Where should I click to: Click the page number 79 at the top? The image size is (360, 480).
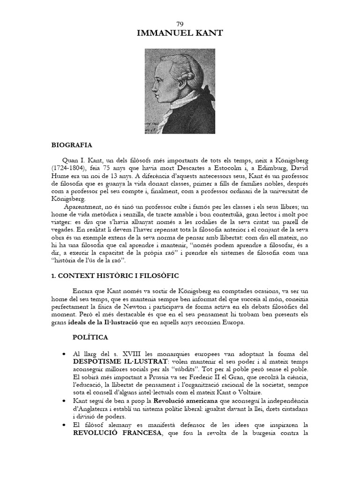pyautogui.click(x=180, y=24)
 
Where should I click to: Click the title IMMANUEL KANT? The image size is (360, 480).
pyautogui.click(x=180, y=33)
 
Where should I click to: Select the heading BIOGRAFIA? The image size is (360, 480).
pyautogui.click(x=72, y=146)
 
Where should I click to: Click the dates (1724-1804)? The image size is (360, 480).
pyautogui.click(x=73, y=167)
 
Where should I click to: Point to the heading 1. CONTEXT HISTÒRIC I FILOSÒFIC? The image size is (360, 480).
pyautogui.click(x=115, y=276)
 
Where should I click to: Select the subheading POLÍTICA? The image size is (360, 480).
pyautogui.click(x=90, y=337)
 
